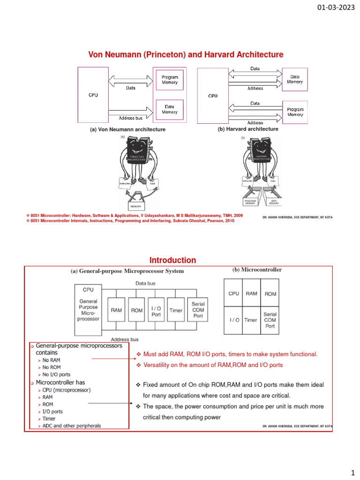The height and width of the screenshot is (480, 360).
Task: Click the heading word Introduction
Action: click(x=172, y=260)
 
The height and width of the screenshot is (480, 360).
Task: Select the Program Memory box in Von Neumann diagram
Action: click(x=169, y=80)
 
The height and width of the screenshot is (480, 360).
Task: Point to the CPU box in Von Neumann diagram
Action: click(x=93, y=94)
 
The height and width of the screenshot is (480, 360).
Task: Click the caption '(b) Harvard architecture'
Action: click(x=248, y=129)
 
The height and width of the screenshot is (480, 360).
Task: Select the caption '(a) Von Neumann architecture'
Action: click(x=127, y=129)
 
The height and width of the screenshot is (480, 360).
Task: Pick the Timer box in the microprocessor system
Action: click(x=176, y=310)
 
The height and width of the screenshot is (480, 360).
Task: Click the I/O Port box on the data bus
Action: click(x=156, y=310)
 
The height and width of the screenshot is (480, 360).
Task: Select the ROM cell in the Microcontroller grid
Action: click(x=270, y=294)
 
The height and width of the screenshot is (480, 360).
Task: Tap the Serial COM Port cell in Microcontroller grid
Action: click(x=270, y=320)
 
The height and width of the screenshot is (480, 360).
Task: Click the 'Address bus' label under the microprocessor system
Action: click(x=124, y=339)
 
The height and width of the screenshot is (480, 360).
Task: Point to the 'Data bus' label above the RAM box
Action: click(x=146, y=283)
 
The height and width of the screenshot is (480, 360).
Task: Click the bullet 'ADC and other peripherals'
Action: click(x=72, y=426)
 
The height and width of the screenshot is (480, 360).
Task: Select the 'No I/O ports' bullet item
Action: click(x=57, y=375)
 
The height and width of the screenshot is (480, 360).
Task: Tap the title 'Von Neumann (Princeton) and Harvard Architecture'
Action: click(x=186, y=55)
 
